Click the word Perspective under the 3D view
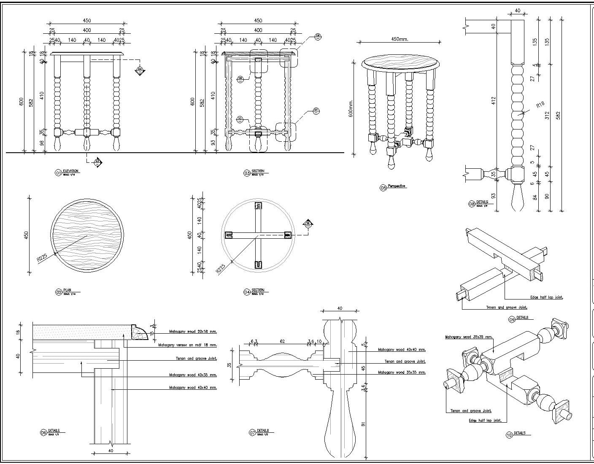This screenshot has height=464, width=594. (x=397, y=186)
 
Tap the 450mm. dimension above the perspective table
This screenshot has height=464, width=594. (x=400, y=39)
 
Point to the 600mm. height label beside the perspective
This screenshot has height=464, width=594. (x=351, y=109)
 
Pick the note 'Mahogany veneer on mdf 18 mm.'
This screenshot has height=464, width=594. (x=187, y=345)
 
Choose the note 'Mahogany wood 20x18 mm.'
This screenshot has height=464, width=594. (x=193, y=332)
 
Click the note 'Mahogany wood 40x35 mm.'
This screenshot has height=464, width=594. (x=193, y=375)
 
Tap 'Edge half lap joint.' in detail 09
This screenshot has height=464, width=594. (x=546, y=297)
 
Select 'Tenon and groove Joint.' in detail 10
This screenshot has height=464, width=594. (x=471, y=411)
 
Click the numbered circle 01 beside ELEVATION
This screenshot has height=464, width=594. (x=58, y=173)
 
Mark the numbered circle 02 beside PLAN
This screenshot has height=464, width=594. (x=59, y=292)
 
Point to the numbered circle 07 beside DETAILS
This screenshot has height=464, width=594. (x=252, y=432)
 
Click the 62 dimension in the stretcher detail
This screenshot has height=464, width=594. (x=282, y=341)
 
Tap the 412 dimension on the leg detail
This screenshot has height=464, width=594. (x=493, y=100)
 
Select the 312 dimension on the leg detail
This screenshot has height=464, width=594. (x=547, y=115)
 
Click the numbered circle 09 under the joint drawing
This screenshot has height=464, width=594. (x=512, y=320)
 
